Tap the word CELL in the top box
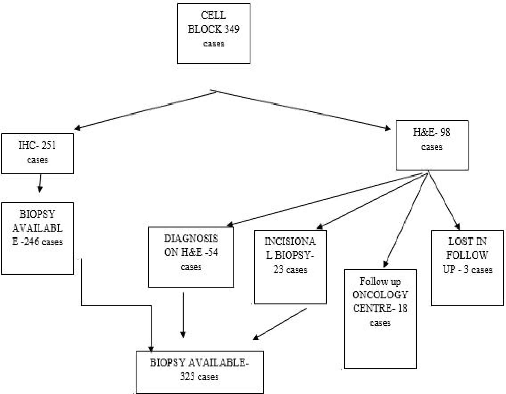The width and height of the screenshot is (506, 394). (x=213, y=15)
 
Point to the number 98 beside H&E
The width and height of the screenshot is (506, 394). (x=445, y=132)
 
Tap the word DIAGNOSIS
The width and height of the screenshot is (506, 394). (x=191, y=239)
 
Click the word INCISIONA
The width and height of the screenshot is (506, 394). (x=290, y=242)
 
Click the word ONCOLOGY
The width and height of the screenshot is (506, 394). (x=380, y=295)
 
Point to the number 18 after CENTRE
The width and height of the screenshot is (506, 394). (x=402, y=308)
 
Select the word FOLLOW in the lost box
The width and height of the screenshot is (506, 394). (x=467, y=255)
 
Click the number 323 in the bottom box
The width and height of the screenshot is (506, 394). (x=187, y=377)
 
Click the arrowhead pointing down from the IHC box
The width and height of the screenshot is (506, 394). (x=40, y=190)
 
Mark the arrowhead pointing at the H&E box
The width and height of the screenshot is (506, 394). (x=388, y=128)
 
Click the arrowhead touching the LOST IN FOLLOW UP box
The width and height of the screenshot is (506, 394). (x=457, y=226)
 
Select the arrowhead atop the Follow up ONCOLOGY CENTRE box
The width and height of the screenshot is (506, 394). (x=386, y=264)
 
